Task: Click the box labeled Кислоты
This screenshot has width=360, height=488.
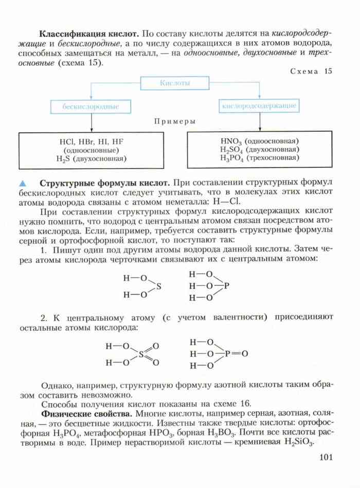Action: coord(175,83)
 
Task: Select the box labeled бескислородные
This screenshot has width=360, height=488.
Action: coord(91,106)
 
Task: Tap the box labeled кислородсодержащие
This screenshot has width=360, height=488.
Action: coord(259,106)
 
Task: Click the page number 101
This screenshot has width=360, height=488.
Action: coord(327,458)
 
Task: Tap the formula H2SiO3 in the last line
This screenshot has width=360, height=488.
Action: coord(297,442)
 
